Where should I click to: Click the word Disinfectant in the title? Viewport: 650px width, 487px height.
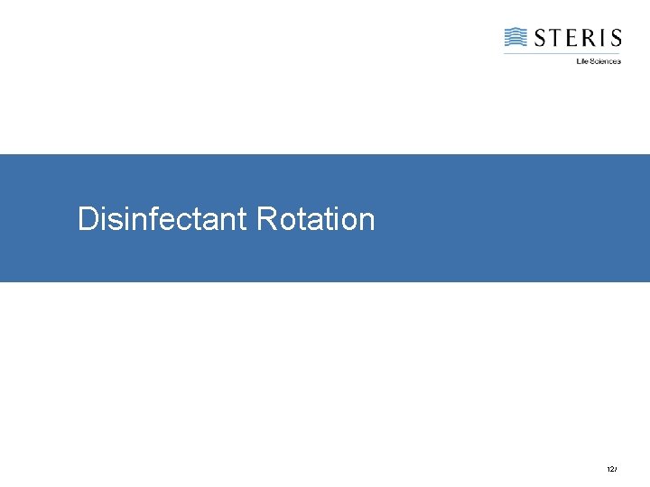click(162, 219)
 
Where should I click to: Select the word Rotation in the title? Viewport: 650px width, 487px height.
click(315, 219)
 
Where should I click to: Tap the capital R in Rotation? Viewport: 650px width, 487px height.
click(266, 219)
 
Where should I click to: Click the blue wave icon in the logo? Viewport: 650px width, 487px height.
click(515, 37)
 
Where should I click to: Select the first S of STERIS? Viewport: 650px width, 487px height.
click(539, 38)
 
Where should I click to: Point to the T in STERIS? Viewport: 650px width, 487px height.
click(555, 38)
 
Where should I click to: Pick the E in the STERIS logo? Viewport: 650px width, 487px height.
click(572, 38)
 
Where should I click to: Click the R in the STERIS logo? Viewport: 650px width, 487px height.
click(589, 38)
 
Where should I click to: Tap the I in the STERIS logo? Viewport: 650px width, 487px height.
click(602, 38)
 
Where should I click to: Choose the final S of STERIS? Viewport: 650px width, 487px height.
click(615, 38)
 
